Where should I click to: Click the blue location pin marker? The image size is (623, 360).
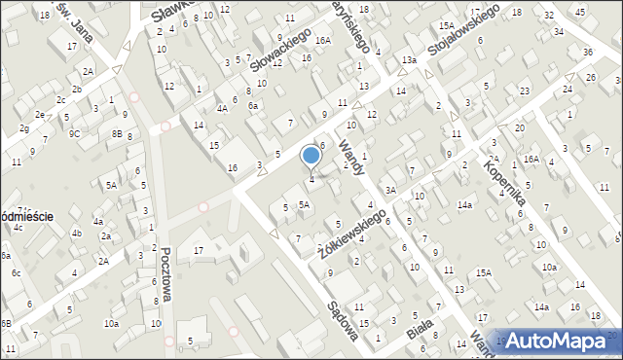[x=311, y=156]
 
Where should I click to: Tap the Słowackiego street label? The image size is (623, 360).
[x=279, y=49]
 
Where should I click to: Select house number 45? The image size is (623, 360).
[x=580, y=12]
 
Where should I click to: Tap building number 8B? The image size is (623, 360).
[x=117, y=134]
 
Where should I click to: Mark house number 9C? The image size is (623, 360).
[x=74, y=134]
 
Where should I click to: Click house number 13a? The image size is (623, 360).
[x=410, y=60]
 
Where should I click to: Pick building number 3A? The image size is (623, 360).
[x=389, y=191]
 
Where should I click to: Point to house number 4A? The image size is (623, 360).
[x=222, y=109]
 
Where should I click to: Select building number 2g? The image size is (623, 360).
[x=23, y=127]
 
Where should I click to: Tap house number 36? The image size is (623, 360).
[x=587, y=52]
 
